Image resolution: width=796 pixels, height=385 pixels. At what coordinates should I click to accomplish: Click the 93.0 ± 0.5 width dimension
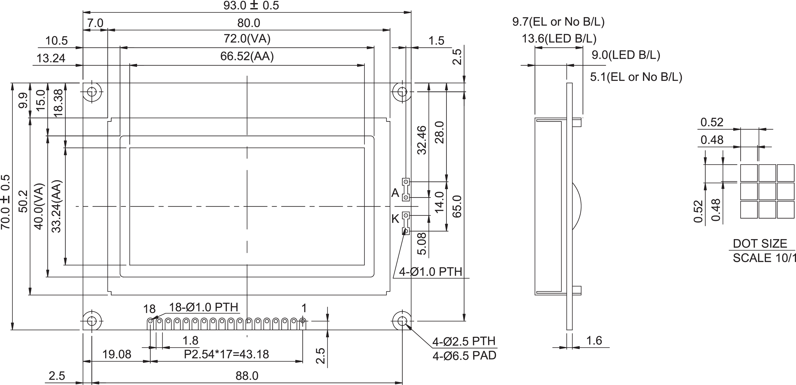tap(251, 6)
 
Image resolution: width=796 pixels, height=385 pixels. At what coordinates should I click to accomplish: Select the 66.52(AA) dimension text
tap(247, 57)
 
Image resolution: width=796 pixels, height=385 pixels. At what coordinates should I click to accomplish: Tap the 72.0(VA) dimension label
tap(247, 39)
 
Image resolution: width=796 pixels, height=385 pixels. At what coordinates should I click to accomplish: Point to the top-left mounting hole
tap(91, 92)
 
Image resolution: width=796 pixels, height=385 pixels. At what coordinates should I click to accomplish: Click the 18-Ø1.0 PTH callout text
tap(204, 307)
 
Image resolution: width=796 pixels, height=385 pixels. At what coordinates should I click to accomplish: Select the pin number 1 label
tap(304, 308)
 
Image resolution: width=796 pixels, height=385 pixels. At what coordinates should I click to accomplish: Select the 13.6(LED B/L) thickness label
tap(559, 39)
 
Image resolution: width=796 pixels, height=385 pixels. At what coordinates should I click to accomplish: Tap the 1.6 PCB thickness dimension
tap(594, 341)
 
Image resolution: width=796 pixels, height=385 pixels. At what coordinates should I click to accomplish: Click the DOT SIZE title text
tap(760, 244)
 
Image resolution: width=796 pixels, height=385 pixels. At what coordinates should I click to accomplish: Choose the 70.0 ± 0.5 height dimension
tap(6, 202)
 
